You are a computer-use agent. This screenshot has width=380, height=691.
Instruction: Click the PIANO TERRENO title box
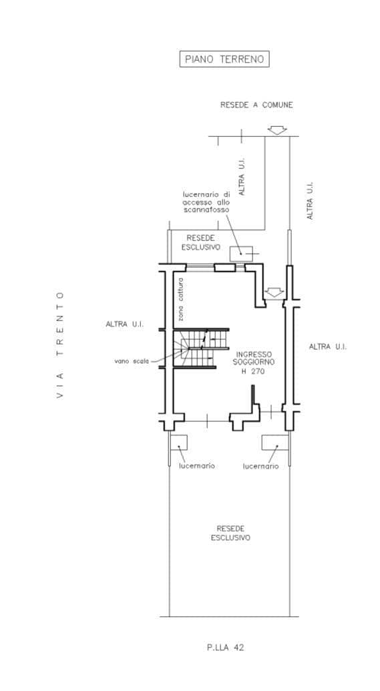click(224, 59)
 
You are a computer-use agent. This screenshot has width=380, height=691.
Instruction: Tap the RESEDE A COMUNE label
click(256, 105)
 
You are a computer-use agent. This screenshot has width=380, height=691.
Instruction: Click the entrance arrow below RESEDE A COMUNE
click(277, 130)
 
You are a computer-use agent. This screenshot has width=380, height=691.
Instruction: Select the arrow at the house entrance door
click(274, 292)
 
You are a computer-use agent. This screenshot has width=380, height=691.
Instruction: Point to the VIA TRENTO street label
click(60, 345)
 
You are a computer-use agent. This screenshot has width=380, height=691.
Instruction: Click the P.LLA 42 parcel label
click(225, 648)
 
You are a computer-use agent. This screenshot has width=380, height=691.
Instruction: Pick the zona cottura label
click(181, 300)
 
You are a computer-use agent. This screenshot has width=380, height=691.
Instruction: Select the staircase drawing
click(201, 348)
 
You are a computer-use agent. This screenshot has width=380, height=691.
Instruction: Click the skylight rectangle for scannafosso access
click(241, 254)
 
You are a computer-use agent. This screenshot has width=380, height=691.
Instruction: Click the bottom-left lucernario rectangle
click(178, 443)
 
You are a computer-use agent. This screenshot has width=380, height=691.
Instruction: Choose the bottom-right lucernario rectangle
click(275, 443)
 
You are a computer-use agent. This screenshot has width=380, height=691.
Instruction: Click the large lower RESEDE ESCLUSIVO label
click(230, 533)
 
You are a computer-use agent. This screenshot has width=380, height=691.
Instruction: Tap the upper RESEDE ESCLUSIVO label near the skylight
click(200, 242)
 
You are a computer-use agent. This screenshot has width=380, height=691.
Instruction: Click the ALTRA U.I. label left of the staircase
click(125, 324)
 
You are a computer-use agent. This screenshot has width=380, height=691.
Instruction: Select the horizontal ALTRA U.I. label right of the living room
click(327, 347)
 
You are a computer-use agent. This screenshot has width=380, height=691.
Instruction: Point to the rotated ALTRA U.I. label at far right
click(310, 200)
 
